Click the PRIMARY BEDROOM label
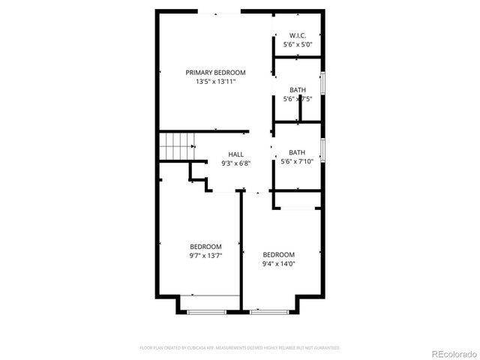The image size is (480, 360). [216, 73]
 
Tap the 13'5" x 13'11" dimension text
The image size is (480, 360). [216, 82]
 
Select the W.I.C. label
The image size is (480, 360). [297, 36]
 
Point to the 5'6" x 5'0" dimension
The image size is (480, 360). [297, 45]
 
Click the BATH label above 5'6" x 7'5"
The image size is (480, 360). [298, 91]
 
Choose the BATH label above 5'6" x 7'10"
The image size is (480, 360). [297, 152]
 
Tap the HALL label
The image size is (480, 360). [235, 154]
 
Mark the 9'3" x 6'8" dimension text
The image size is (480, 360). [235, 163]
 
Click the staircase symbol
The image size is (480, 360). [175, 144]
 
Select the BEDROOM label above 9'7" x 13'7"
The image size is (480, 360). [205, 247]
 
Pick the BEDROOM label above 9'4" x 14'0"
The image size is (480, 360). [278, 254]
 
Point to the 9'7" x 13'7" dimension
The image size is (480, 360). [205, 256]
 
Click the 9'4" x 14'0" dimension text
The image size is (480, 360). [278, 263]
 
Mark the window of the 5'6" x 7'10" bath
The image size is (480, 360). [322, 151]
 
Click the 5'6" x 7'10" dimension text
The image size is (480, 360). [297, 161]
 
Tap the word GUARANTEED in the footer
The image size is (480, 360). [325, 348]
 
